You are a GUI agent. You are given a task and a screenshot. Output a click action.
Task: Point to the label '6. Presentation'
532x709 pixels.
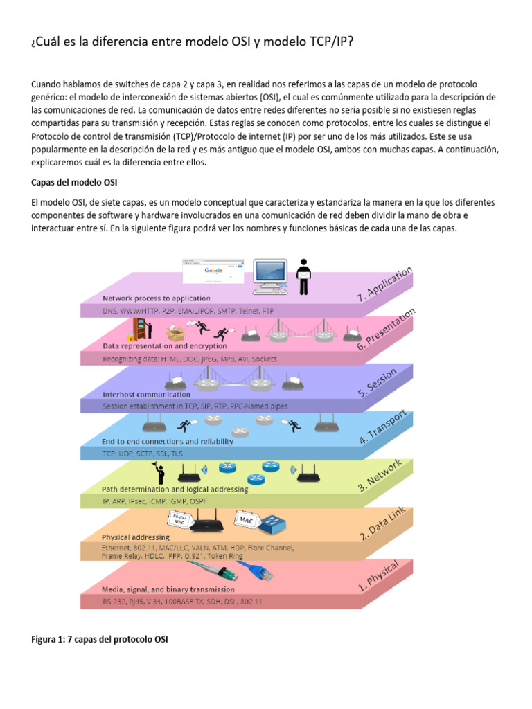point(387,329)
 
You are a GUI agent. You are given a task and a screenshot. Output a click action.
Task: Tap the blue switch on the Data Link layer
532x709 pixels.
point(273,526)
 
